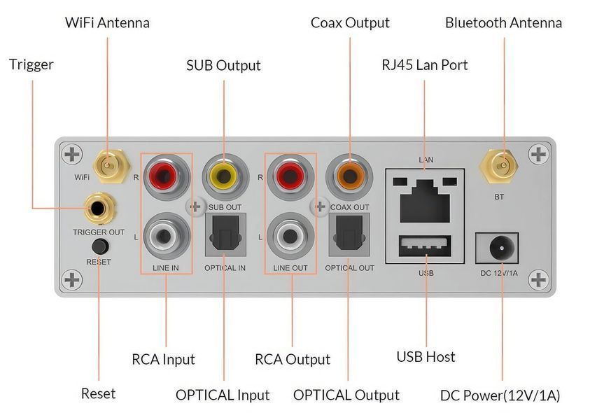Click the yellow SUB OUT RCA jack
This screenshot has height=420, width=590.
pyautogui.click(x=225, y=176)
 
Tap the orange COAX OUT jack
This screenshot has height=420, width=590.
pyautogui.click(x=349, y=176)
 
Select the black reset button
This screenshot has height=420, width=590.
pyautogui.click(x=100, y=247)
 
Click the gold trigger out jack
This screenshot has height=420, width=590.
pyautogui.click(x=98, y=208)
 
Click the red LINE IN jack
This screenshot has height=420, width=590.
pyautogui.click(x=165, y=176)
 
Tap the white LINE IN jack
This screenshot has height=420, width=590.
pyautogui.click(x=165, y=237)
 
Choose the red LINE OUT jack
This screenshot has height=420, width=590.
pyautogui.click(x=289, y=176)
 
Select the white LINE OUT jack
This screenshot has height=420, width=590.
pyautogui.click(x=289, y=237)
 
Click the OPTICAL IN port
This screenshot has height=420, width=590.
pyautogui.click(x=225, y=234)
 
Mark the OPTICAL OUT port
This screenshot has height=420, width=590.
pyautogui.click(x=349, y=234)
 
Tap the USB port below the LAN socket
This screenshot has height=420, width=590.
pyautogui.click(x=425, y=246)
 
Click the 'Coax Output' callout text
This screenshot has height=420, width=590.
pyautogui.click(x=350, y=23)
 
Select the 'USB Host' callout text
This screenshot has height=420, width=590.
pyautogui.click(x=426, y=357)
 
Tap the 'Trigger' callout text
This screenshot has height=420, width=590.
pyautogui.click(x=31, y=64)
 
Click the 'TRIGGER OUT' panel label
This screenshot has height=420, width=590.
pyautogui.click(x=99, y=232)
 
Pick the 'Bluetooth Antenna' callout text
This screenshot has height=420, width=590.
pyautogui.click(x=503, y=23)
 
